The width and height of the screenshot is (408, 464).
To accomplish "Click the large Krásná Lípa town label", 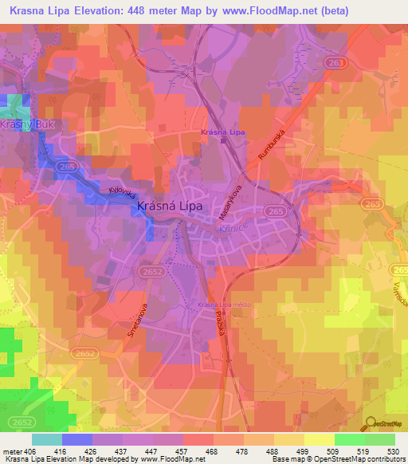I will [170, 205].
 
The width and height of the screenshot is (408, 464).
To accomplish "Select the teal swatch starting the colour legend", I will [46, 439].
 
